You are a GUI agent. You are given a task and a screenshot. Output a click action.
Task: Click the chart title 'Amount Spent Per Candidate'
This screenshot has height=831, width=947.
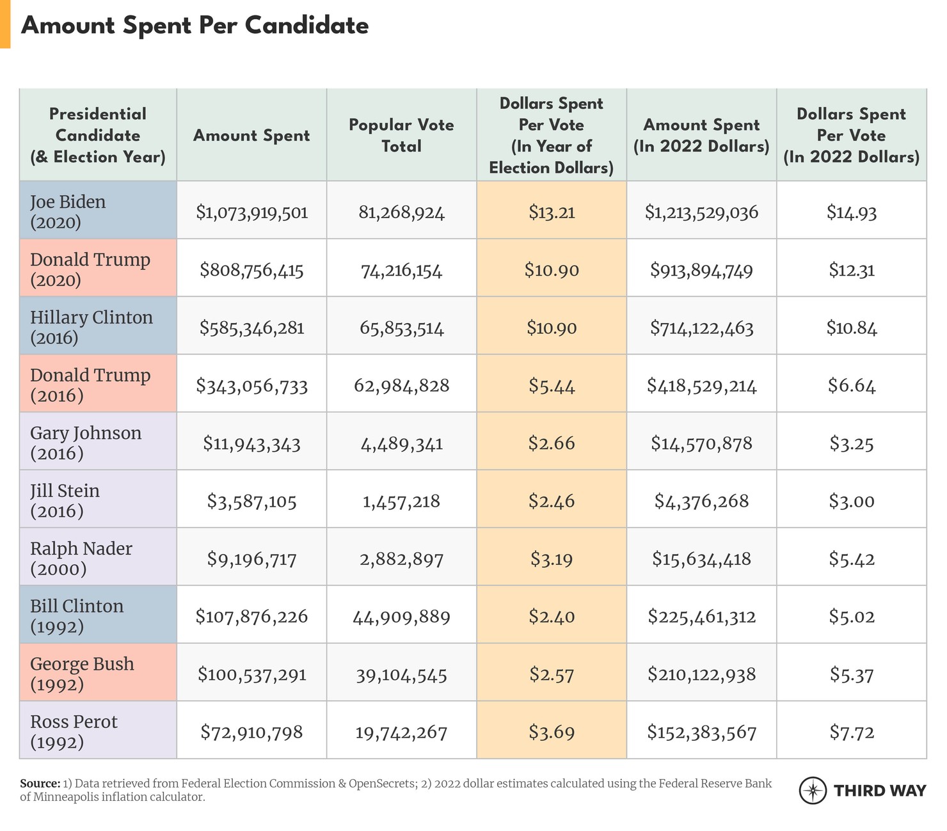(x=195, y=26)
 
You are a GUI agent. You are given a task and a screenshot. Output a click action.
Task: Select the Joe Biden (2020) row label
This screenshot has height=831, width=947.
(x=68, y=212)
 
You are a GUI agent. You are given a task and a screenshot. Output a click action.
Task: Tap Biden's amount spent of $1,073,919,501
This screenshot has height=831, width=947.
(x=252, y=212)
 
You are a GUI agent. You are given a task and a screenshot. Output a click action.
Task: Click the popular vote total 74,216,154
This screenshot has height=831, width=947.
(x=401, y=271)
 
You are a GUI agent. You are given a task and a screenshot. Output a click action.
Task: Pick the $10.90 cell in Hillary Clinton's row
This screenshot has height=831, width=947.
(x=552, y=328)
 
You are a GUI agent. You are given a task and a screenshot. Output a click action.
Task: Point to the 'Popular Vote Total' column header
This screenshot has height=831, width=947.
(x=401, y=136)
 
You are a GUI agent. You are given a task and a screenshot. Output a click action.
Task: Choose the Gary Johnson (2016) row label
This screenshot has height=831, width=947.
(x=86, y=443)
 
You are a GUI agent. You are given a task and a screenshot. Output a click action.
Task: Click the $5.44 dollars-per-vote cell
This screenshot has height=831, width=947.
(x=552, y=386)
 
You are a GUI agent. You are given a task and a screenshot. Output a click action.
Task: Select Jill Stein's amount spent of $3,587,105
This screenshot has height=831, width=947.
(x=252, y=502)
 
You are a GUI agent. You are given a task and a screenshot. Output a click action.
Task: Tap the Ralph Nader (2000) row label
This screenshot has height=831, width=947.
(x=81, y=558)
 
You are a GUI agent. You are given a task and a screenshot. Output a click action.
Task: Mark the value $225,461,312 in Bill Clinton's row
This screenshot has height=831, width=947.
(x=701, y=617)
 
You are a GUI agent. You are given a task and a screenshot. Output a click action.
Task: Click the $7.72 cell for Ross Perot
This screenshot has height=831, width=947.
(x=851, y=732)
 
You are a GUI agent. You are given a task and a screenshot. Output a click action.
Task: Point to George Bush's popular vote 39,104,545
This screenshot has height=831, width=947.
(x=401, y=675)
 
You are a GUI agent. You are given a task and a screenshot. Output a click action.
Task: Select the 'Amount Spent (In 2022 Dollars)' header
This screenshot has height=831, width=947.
(x=701, y=136)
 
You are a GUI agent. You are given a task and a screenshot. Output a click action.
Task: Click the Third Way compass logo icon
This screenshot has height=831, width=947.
(x=813, y=790)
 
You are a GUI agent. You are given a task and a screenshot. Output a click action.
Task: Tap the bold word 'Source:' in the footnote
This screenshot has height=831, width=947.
(x=40, y=784)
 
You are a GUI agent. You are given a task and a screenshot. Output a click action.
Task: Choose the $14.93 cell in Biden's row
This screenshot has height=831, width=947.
(x=851, y=212)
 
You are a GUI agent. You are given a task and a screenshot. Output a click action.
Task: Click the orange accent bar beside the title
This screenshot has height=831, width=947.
(x=5, y=24)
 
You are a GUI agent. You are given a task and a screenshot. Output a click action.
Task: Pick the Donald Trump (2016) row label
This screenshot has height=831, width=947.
(x=90, y=385)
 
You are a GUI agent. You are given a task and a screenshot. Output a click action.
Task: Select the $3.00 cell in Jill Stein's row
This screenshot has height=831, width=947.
(x=851, y=502)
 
